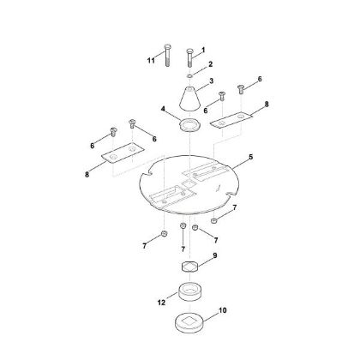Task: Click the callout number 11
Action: tap(151, 60)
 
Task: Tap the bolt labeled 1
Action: tap(189, 57)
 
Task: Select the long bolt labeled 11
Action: tap(168, 55)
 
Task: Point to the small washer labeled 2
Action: tap(189, 76)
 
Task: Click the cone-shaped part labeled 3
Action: tap(189, 99)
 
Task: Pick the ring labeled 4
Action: tap(189, 126)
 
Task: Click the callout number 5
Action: tap(250, 157)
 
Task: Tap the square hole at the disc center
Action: tap(189, 183)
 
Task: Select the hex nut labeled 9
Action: tap(189, 267)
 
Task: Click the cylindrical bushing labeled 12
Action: tap(189, 291)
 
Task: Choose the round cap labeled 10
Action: tap(190, 323)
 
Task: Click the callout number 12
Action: tap(161, 302)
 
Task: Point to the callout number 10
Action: tap(223, 310)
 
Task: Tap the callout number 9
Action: tap(215, 255)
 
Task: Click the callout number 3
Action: tap(212, 81)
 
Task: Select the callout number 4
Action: tap(163, 109)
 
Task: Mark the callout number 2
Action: tap(211, 64)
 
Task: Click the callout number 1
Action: tap(203, 50)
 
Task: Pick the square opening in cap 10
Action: tap(189, 321)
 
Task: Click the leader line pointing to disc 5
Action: tap(240, 165)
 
